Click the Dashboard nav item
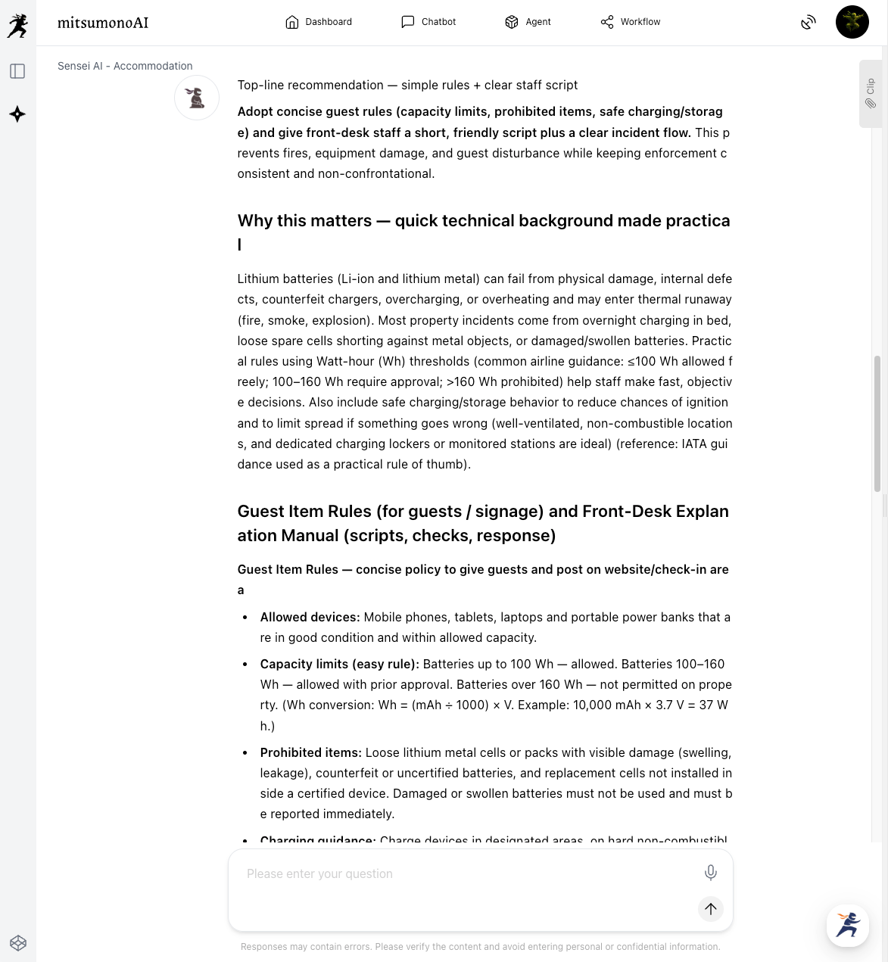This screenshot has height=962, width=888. [x=319, y=22]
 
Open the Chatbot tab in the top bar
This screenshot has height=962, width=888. [x=428, y=22]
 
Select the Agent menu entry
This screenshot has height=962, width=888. [x=528, y=22]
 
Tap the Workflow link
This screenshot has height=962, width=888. [x=631, y=22]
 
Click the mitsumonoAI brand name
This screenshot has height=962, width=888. [x=103, y=23]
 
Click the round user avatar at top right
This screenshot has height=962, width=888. [x=852, y=22]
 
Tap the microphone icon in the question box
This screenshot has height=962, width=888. [x=710, y=873]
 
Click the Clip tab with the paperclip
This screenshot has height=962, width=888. [x=871, y=94]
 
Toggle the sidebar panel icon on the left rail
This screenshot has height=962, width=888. [x=17, y=71]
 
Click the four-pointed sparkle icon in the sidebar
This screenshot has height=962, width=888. [x=17, y=114]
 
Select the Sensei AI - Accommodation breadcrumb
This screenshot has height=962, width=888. [x=125, y=66]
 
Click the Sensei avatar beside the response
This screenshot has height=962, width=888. [x=197, y=98]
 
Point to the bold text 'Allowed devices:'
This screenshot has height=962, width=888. [x=310, y=617]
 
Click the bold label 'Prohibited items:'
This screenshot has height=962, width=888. [x=310, y=752]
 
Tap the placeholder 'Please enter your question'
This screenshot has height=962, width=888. [x=320, y=873]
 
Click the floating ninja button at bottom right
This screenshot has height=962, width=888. [x=848, y=925]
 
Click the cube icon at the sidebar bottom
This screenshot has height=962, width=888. [x=18, y=942]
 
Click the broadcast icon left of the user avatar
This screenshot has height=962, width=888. [x=809, y=22]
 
